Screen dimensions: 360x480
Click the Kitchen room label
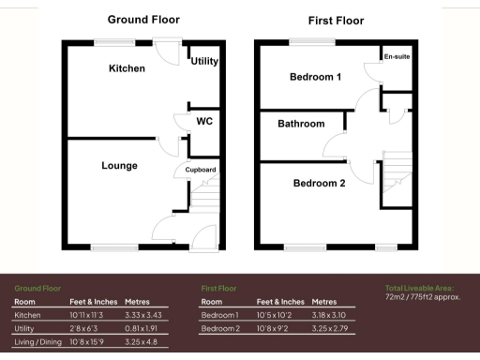click(x=127, y=68)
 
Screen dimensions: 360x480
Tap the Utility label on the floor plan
click(x=204, y=61)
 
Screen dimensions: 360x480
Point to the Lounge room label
click(x=120, y=166)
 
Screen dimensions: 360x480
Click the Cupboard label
click(x=201, y=170)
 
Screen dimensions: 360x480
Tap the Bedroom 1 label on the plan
click(x=315, y=77)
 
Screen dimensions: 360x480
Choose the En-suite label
click(x=397, y=57)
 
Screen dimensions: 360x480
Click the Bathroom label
click(x=301, y=124)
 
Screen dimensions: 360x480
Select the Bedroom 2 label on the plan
click(x=319, y=183)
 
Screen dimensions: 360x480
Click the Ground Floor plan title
click(x=143, y=19)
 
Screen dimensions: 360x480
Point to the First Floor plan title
click(x=336, y=20)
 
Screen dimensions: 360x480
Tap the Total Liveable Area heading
click(x=420, y=287)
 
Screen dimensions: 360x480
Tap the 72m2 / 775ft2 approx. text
click(x=423, y=296)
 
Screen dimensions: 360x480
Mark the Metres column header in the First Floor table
click(x=324, y=302)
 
